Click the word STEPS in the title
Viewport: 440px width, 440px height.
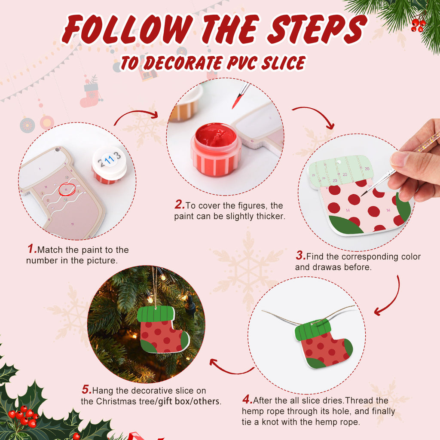pos(313,30)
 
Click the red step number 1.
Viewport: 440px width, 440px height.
pos(32,249)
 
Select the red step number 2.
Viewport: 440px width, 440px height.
pos(179,205)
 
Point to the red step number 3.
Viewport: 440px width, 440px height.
pos(300,256)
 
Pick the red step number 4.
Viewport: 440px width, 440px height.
pos(247,400)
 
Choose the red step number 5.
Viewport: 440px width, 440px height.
pos(86,390)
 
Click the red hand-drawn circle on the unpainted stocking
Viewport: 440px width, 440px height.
pos(67,189)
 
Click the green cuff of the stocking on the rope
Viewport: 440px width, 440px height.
pos(313,330)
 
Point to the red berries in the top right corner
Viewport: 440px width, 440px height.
pos(418,24)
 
